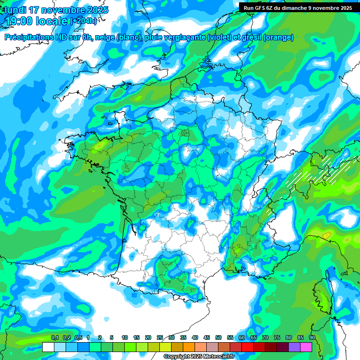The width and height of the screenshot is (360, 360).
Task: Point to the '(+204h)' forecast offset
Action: click(x=83, y=21)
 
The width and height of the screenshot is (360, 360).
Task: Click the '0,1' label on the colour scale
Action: click(x=54, y=337)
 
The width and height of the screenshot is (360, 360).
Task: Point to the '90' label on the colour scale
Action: click(x=312, y=337)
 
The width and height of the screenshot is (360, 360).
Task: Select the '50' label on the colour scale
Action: click(x=218, y=337)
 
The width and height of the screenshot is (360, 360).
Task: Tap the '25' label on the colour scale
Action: click(x=160, y=337)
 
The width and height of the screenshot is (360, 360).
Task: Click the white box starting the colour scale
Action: click(x=48, y=347)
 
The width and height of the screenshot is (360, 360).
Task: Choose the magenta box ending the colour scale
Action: click(x=306, y=347)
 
